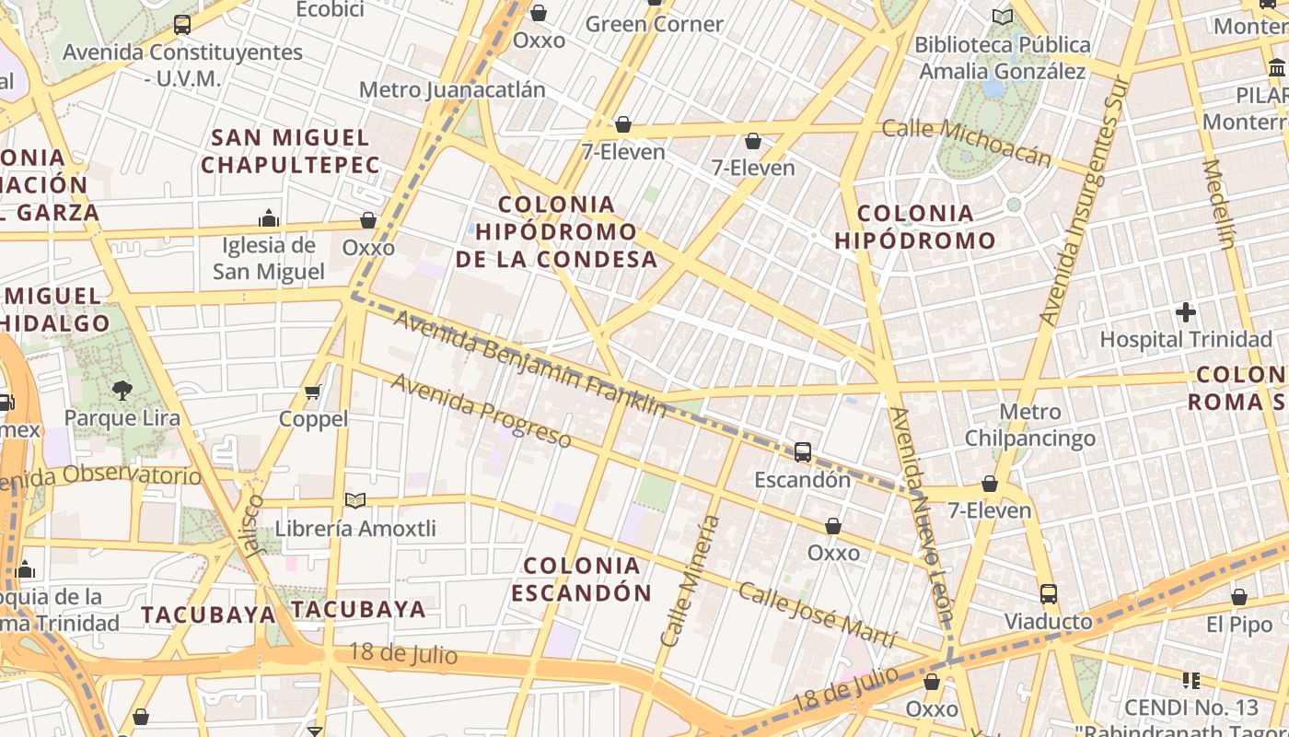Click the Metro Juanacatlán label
pyautogui.click(x=451, y=90)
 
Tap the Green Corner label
pyautogui.click(x=655, y=24)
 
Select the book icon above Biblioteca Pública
pyautogui.click(x=1003, y=17)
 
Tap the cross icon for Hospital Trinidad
pyautogui.click(x=1186, y=312)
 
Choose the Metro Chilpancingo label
pyautogui.click(x=1029, y=425)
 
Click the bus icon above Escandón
pyautogui.click(x=802, y=452)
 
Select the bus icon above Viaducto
pyautogui.click(x=1048, y=594)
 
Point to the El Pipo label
pyautogui.click(x=1239, y=626)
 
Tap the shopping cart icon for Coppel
pyautogui.click(x=313, y=392)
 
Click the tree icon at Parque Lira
pyautogui.click(x=122, y=391)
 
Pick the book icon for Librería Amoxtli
pyautogui.click(x=355, y=501)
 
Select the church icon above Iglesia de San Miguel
pyautogui.click(x=269, y=218)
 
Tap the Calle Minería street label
pyautogui.click(x=690, y=580)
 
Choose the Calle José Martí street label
pyautogui.click(x=816, y=615)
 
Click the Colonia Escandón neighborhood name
pyautogui.click(x=581, y=579)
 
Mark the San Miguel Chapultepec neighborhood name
pyautogui.click(x=290, y=152)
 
